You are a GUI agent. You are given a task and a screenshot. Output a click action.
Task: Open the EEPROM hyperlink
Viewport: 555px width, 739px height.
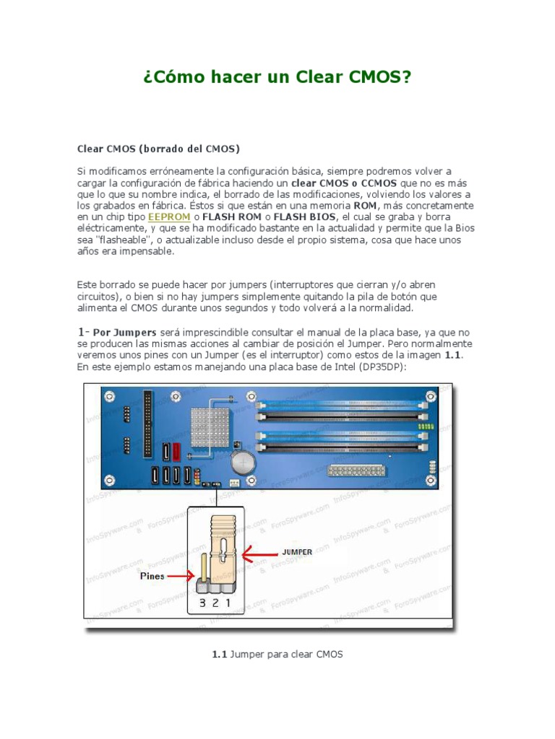tap(169, 217)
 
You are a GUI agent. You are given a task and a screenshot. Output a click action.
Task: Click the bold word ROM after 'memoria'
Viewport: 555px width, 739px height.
tap(365, 205)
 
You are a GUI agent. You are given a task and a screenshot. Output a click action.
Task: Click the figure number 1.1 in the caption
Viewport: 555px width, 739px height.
tap(219, 655)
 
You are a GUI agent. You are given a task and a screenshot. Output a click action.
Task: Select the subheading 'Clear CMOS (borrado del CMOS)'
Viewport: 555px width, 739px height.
tap(158, 149)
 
